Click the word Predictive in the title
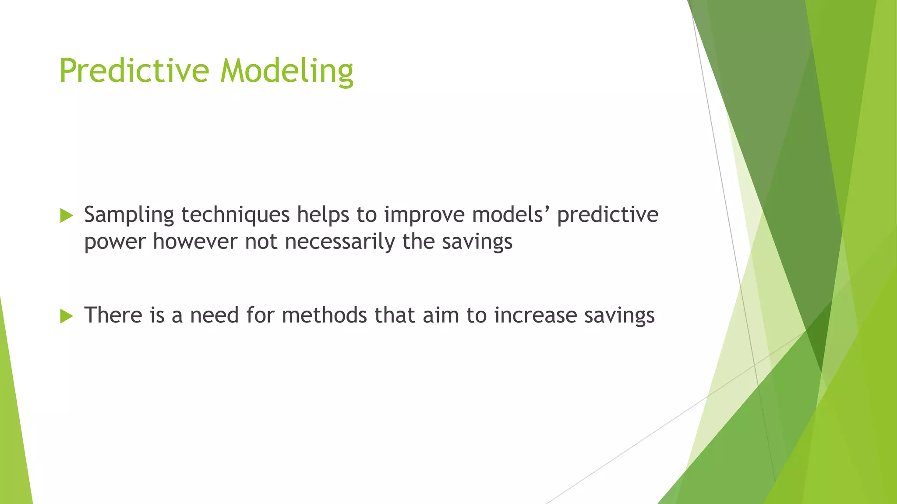134,70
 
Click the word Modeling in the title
287,71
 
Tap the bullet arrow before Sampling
66,215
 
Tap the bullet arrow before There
66,316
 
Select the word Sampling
129,215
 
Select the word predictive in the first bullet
607,215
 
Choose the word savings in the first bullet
477,242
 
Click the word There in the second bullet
113,315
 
